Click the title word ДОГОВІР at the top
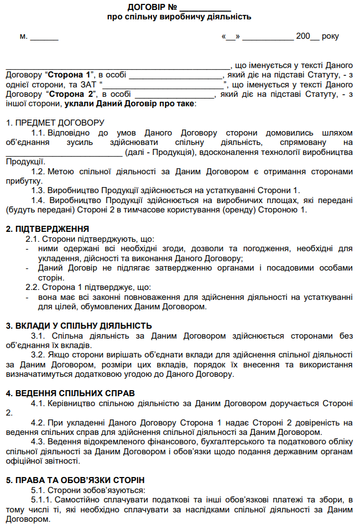(x=146, y=7)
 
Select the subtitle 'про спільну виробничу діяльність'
(x=179, y=17)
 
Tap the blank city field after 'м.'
(x=44, y=38)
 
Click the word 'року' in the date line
(x=330, y=37)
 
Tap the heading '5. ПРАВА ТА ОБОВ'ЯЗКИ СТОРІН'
(x=75, y=480)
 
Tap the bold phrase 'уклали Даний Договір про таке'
(x=129, y=104)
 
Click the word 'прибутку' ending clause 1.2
(x=22, y=181)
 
